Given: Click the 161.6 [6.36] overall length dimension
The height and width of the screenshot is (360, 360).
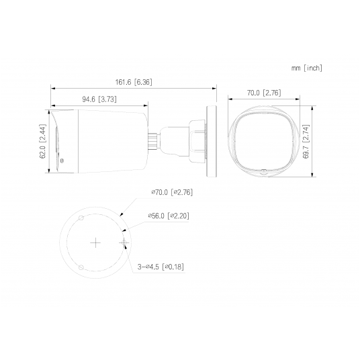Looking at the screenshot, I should (x=133, y=82).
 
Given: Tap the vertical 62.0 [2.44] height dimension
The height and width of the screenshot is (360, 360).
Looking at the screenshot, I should (x=42, y=143).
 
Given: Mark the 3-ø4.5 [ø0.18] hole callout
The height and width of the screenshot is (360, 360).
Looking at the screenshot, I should (x=161, y=267).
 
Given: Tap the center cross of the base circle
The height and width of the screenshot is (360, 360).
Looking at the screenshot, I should (x=95, y=241).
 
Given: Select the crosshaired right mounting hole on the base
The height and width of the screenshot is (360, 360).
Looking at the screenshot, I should (x=124, y=241).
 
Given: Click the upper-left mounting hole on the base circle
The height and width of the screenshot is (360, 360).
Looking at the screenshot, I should (x=81, y=218).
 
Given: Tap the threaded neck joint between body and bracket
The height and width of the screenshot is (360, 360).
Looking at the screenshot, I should (x=154, y=139).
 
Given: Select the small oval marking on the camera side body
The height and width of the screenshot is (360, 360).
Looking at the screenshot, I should (x=62, y=160).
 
